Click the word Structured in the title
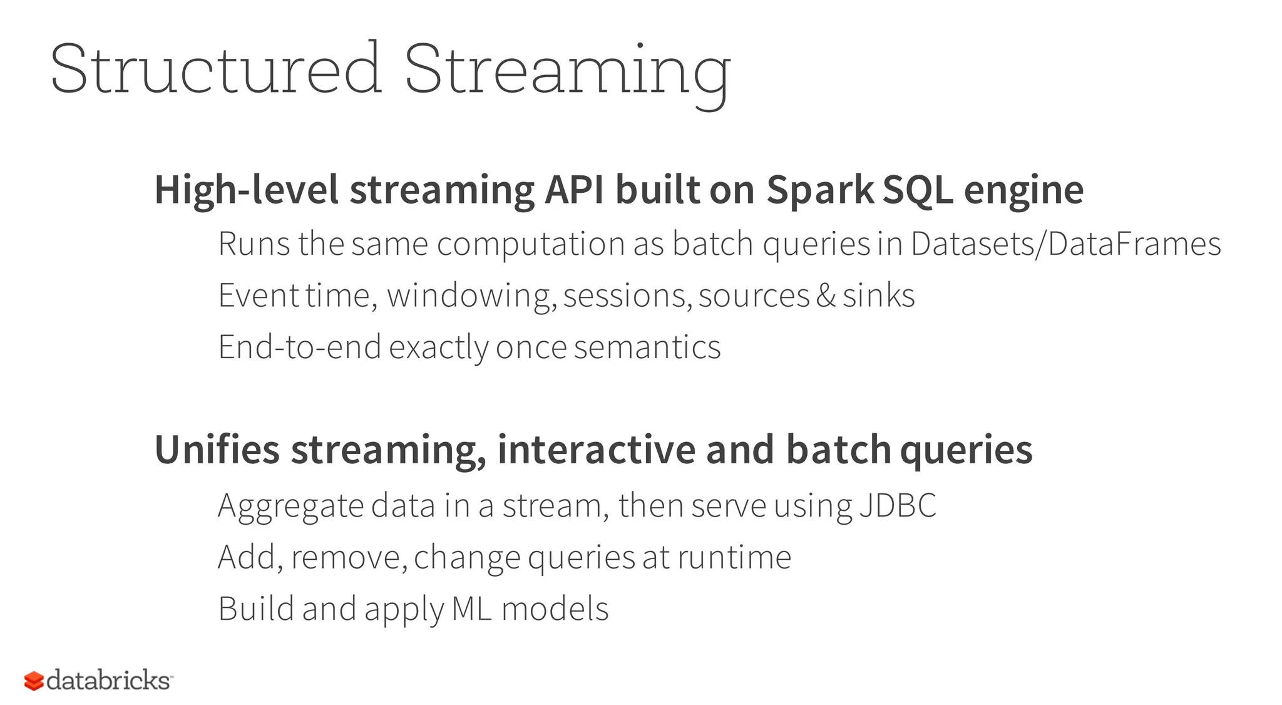click(215, 69)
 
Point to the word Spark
click(820, 190)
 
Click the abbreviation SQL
click(917, 190)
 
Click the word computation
click(530, 244)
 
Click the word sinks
click(879, 296)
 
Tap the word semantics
click(647, 347)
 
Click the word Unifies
click(217, 450)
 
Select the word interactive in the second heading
click(596, 450)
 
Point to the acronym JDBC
click(898, 505)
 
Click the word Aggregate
click(290, 507)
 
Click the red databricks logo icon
click(34, 681)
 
